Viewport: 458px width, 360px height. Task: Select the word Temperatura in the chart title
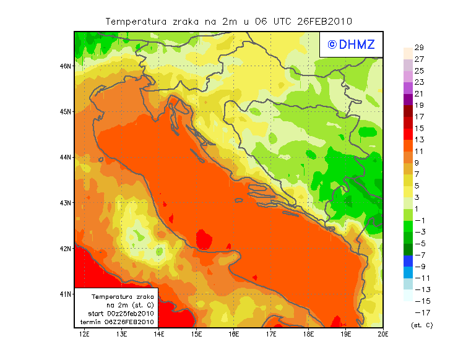point(136,21)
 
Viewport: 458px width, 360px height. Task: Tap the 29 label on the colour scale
point(419,48)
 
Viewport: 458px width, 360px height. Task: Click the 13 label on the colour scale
point(419,140)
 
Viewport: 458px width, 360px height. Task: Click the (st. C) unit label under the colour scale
point(421,325)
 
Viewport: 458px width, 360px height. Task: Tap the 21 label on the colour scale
point(419,94)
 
